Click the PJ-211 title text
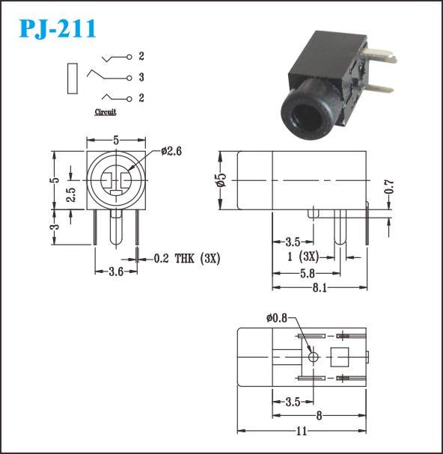click(x=58, y=28)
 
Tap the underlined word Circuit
click(x=106, y=112)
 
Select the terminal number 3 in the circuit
click(x=141, y=77)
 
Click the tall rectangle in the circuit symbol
click(x=73, y=79)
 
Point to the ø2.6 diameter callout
click(x=171, y=151)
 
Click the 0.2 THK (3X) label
click(x=187, y=258)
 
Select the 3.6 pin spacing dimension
click(x=116, y=272)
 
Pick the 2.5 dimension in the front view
click(x=70, y=195)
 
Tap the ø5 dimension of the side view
click(x=221, y=180)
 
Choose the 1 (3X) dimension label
click(x=303, y=257)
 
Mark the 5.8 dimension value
click(x=308, y=273)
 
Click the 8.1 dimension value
click(x=320, y=288)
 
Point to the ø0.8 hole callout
click(x=277, y=318)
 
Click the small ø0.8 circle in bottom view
click(x=314, y=357)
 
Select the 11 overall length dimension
click(x=302, y=431)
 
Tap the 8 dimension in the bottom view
click(x=319, y=416)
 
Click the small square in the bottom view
click(x=340, y=357)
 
